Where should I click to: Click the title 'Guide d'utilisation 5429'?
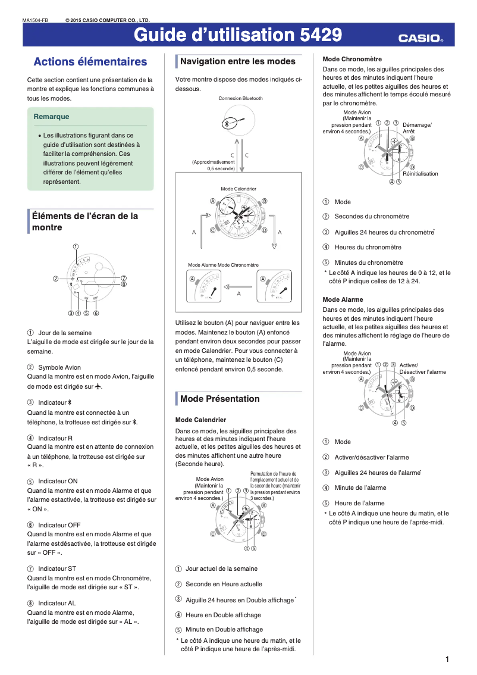(x=237, y=36)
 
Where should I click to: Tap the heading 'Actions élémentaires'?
(x=90, y=62)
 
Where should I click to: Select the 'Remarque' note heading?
(x=52, y=117)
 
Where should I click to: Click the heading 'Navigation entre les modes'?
(x=237, y=61)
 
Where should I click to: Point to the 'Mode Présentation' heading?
(x=219, y=399)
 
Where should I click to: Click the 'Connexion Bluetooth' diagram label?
(x=240, y=98)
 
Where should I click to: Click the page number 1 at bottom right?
(x=447, y=659)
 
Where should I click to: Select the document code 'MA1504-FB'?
(x=35, y=20)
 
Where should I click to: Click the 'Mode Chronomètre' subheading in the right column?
(x=352, y=59)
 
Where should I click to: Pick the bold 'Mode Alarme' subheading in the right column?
(x=342, y=299)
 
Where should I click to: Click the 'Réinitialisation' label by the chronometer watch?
(x=420, y=174)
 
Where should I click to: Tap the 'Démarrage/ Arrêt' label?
(x=417, y=128)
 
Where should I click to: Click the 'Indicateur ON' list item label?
(x=58, y=481)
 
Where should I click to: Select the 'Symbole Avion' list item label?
(x=59, y=367)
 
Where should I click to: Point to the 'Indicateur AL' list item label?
(x=57, y=603)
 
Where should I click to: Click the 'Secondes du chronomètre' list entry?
(x=372, y=217)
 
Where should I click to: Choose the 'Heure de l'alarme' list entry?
(x=359, y=504)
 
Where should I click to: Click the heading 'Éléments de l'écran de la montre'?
(x=84, y=221)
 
